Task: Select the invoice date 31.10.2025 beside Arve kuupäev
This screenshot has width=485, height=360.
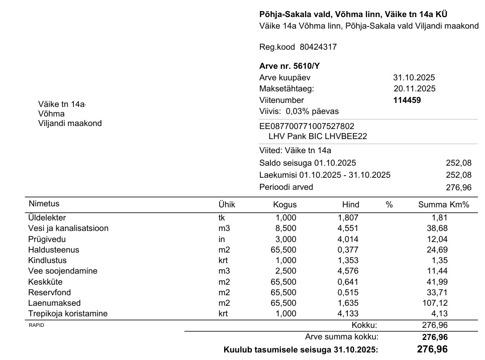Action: point(414,78)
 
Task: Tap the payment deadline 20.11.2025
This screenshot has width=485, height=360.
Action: point(415,89)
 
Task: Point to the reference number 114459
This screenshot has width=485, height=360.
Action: point(407,100)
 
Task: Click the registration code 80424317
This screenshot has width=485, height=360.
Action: point(318,47)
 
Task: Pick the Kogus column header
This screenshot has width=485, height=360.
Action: point(284,205)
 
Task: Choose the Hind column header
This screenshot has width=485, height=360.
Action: point(350,205)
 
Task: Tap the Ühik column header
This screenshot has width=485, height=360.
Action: point(226,205)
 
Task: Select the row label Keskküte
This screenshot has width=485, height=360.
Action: point(45,282)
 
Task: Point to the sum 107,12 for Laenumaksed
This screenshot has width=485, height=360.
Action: point(436,303)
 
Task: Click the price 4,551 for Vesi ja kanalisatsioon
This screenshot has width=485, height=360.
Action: point(348,228)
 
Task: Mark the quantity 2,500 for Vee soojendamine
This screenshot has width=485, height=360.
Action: point(286,271)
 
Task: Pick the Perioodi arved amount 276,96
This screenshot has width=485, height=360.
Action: point(458,187)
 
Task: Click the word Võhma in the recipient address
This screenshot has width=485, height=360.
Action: point(51,114)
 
